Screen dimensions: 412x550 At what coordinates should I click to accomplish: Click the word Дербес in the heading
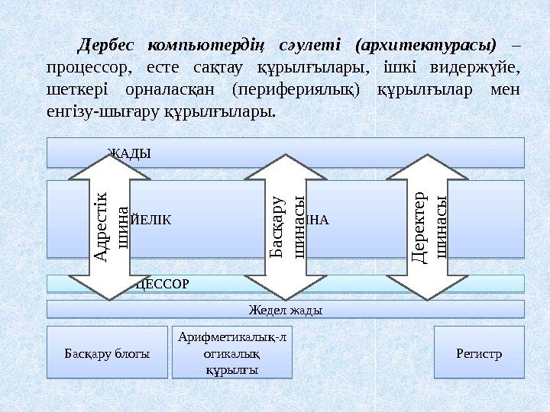pyautogui.click(x=108, y=44)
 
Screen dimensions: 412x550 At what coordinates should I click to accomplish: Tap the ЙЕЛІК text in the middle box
pyautogui.click(x=151, y=220)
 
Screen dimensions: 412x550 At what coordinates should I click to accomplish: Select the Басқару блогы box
pyautogui.click(x=108, y=353)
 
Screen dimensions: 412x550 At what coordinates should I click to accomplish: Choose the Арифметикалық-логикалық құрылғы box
pyautogui.click(x=233, y=353)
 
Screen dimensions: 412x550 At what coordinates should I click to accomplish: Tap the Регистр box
pyautogui.click(x=479, y=353)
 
